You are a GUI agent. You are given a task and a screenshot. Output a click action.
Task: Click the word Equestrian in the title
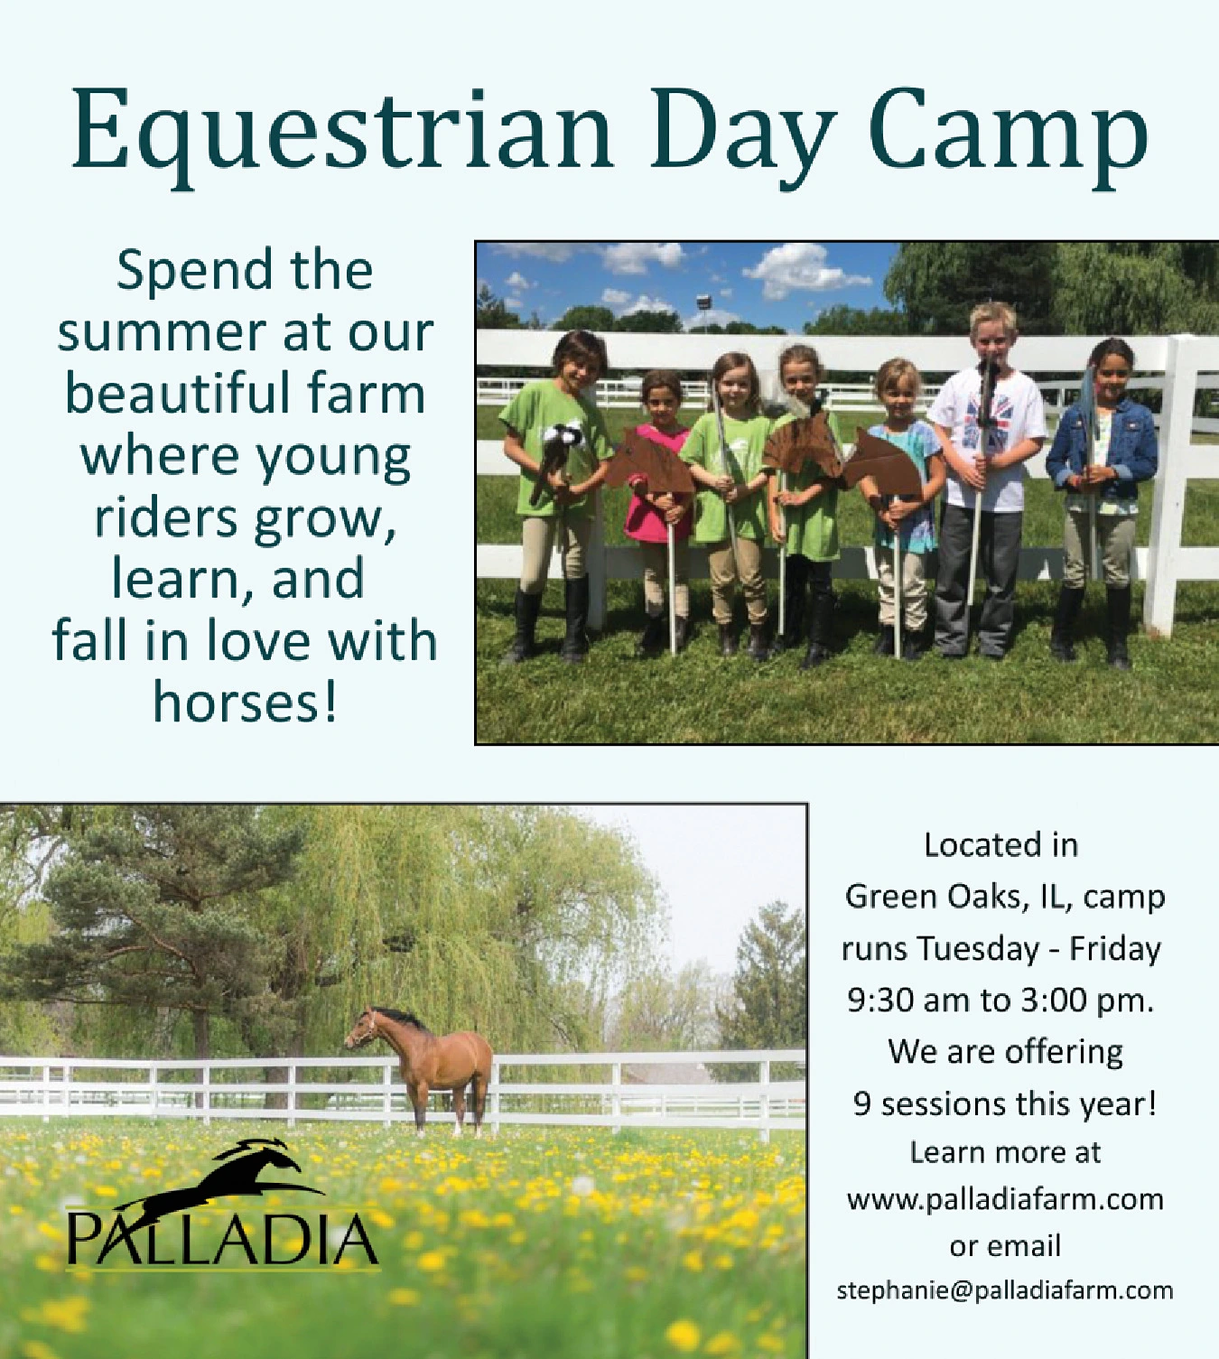click(341, 135)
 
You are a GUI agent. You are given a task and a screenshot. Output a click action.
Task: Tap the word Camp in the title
click(1008, 135)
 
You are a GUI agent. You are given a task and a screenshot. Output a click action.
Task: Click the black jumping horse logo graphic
click(221, 1175)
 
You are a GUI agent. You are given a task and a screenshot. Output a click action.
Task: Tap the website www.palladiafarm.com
click(1005, 1198)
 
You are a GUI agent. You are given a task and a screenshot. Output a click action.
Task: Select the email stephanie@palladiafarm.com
click(1005, 1289)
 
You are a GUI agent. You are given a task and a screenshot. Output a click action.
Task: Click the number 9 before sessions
click(862, 1104)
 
